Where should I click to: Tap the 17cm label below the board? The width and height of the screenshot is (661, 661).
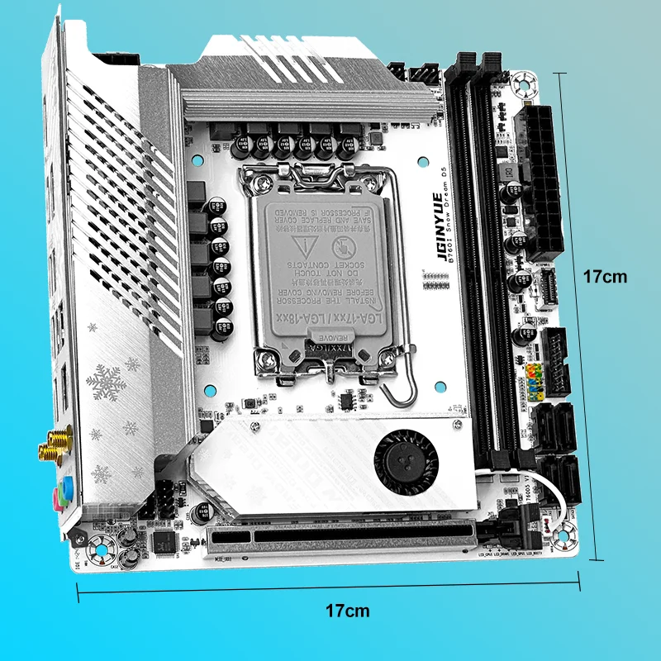pyautogui.click(x=347, y=611)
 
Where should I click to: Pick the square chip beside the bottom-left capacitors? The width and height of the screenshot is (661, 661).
pyautogui.click(x=165, y=541)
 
